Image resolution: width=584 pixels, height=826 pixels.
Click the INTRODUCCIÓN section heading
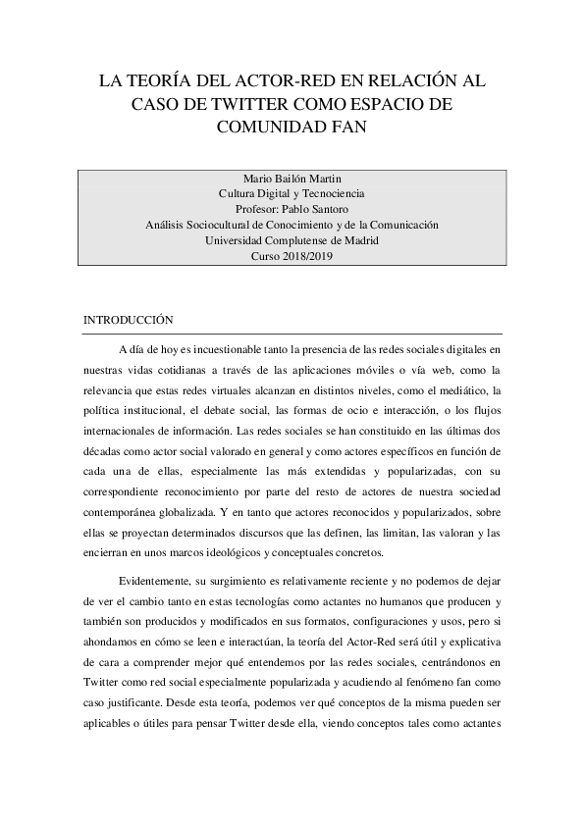[129, 320]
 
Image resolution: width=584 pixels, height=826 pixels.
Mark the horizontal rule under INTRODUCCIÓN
[292, 334]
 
